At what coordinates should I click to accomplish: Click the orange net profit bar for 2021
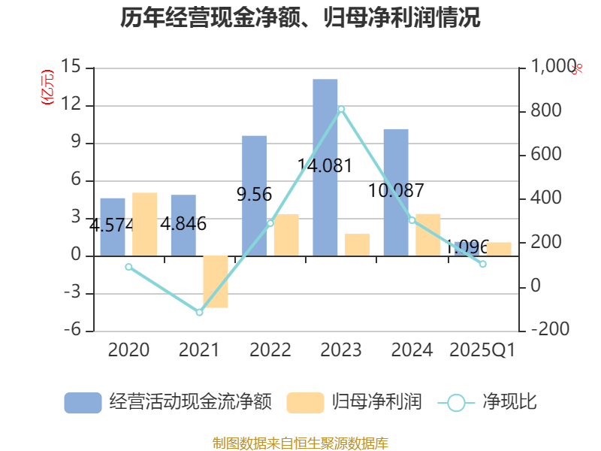click(x=216, y=282)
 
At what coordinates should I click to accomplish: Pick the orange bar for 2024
click(x=428, y=235)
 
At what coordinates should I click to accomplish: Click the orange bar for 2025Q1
click(x=499, y=249)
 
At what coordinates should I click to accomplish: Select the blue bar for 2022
click(x=255, y=195)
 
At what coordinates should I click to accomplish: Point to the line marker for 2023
click(x=341, y=109)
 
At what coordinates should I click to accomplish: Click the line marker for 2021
click(x=200, y=312)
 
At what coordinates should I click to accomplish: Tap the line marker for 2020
click(x=128, y=267)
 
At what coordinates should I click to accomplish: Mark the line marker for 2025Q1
click(x=483, y=264)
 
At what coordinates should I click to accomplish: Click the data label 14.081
click(x=325, y=165)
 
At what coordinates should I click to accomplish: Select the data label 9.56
click(x=254, y=195)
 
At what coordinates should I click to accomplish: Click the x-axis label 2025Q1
click(x=482, y=350)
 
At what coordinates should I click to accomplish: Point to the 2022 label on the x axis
click(x=270, y=350)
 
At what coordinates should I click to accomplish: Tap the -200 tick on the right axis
click(x=550, y=330)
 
